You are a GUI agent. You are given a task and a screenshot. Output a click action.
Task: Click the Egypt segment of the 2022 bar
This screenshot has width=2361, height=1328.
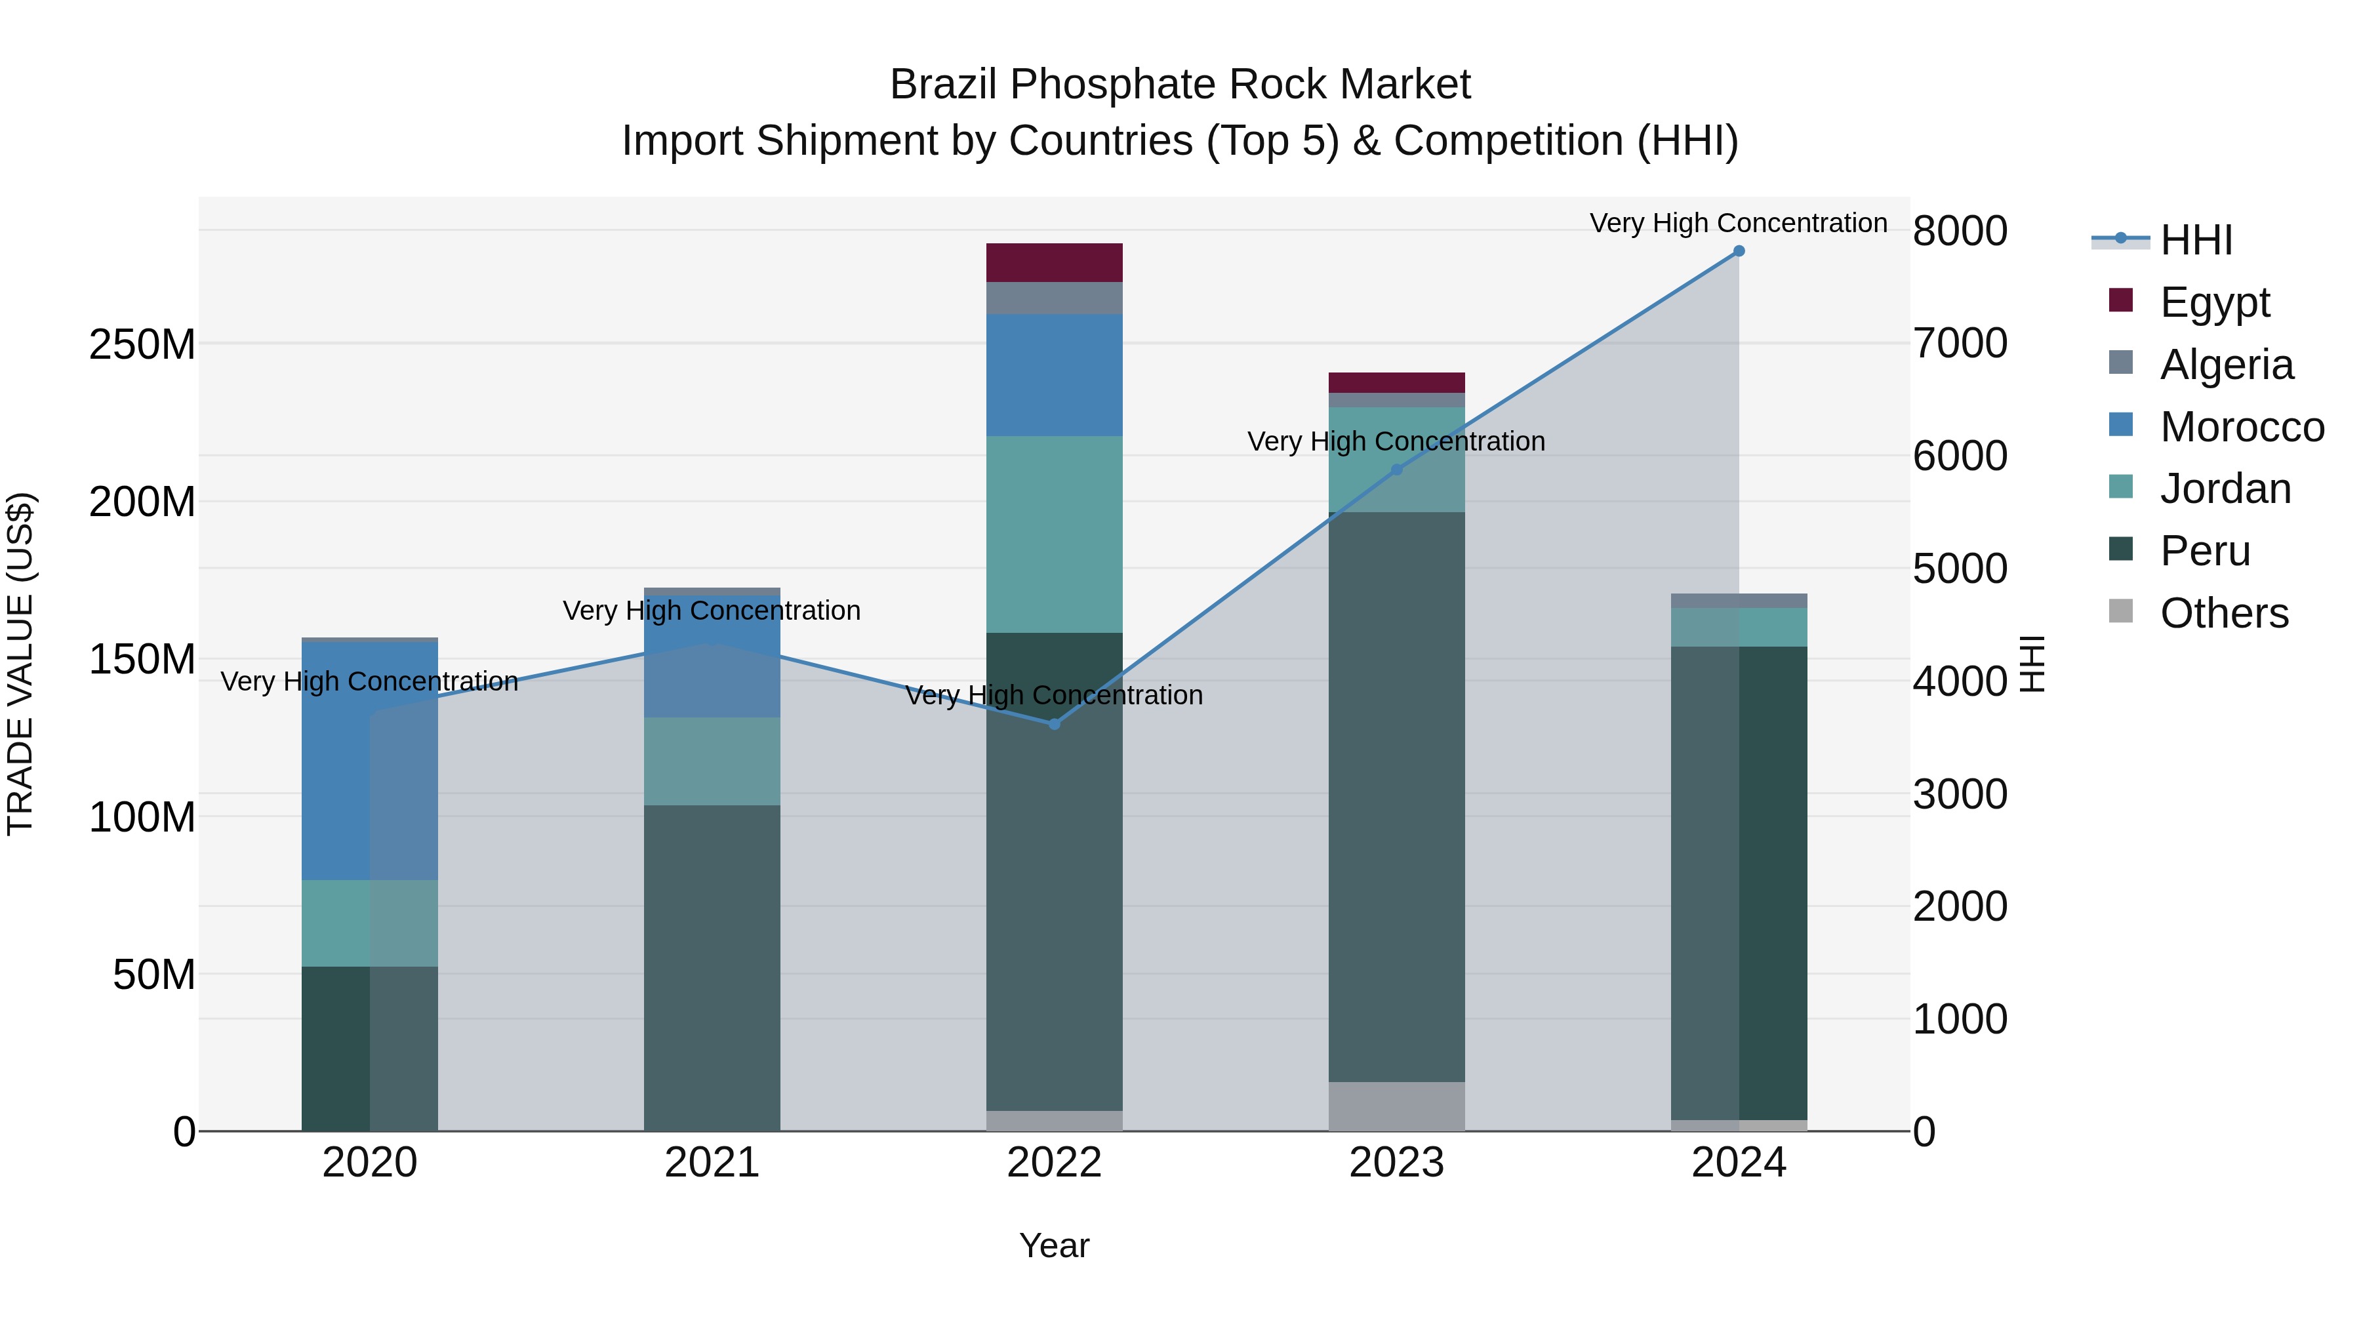1054,263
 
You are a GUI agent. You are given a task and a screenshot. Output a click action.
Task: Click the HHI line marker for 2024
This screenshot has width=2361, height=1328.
1739,251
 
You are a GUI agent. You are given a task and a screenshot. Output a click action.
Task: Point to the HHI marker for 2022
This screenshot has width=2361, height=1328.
1054,724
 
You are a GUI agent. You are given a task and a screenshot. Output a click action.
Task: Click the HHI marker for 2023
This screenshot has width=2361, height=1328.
1397,470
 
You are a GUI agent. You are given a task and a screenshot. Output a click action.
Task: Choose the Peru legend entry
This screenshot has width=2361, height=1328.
2204,551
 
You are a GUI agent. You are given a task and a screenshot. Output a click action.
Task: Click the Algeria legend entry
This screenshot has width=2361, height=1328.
2225,365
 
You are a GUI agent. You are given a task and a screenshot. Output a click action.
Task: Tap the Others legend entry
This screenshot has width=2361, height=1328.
2223,613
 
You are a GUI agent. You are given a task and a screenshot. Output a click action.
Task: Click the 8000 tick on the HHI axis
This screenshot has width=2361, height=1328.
1960,231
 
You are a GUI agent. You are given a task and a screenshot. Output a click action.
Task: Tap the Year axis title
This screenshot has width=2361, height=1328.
1054,1245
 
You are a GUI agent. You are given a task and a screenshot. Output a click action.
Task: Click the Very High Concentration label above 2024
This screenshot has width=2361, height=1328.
1738,223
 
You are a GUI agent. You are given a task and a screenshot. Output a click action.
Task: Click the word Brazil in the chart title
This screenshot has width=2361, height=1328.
944,85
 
